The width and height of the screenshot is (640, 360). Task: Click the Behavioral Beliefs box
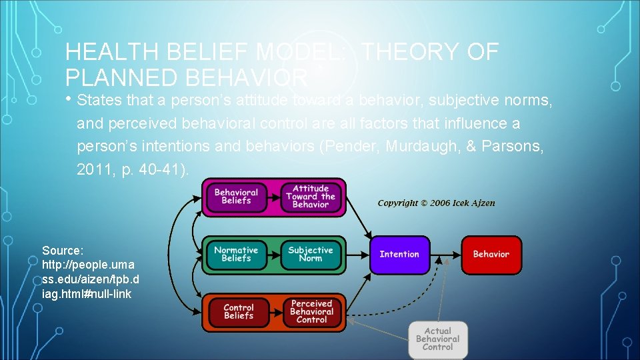[x=236, y=197]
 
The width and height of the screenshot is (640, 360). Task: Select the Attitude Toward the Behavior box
[x=311, y=197]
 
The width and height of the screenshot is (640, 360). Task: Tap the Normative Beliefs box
[x=236, y=254]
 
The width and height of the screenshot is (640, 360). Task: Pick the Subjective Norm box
[x=311, y=254]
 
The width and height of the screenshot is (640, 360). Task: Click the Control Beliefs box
[x=239, y=312]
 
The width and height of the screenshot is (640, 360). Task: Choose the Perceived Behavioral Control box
[x=312, y=312]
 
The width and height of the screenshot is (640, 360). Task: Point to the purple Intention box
[x=399, y=254]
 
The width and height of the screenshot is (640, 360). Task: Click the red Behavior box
[x=491, y=254]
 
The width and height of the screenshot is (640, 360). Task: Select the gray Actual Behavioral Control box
[x=438, y=339]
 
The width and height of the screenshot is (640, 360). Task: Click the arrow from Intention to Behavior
[x=445, y=254]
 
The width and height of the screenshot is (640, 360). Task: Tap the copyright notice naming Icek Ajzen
[x=437, y=203]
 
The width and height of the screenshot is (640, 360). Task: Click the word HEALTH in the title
[x=106, y=52]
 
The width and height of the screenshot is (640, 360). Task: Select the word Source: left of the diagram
[x=63, y=251]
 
